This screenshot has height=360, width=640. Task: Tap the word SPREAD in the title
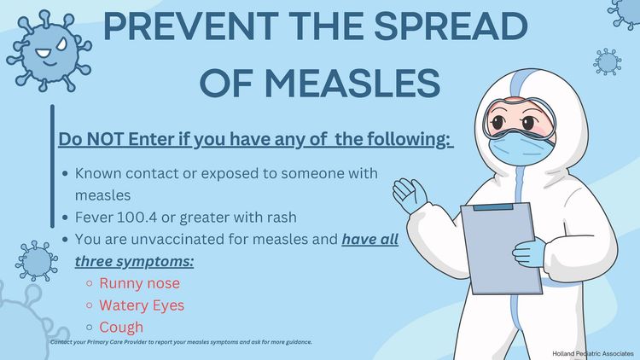(x=451, y=26)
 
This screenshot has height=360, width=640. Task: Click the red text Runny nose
(x=140, y=283)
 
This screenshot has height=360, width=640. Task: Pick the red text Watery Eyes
(x=142, y=305)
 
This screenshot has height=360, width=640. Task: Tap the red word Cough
(x=121, y=328)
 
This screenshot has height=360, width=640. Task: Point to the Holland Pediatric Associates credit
(x=593, y=353)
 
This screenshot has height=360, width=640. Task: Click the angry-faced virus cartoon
(x=49, y=51)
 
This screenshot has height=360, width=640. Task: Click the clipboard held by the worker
(x=502, y=247)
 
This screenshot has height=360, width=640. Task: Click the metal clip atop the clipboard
(x=493, y=207)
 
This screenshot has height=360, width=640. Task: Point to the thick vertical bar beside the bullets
(x=52, y=166)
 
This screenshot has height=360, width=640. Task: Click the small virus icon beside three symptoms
(x=37, y=261)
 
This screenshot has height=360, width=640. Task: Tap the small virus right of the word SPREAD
(x=608, y=62)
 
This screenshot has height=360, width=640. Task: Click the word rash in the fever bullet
(x=282, y=218)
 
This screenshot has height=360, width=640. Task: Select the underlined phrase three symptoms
(x=134, y=262)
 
